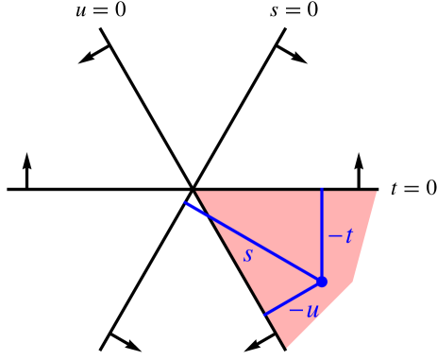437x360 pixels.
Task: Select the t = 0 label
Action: click(x=412, y=188)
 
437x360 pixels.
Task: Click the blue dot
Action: click(x=321, y=282)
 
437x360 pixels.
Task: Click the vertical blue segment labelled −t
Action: click(x=322, y=235)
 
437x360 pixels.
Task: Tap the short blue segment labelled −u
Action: click(x=293, y=298)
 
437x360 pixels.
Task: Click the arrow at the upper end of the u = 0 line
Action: click(x=91, y=56)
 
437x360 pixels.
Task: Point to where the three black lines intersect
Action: click(x=193, y=189)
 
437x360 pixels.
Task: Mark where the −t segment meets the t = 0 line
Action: click(x=322, y=189)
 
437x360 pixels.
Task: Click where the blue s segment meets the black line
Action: click(x=184, y=203)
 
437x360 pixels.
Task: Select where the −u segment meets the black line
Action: click(x=264, y=314)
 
